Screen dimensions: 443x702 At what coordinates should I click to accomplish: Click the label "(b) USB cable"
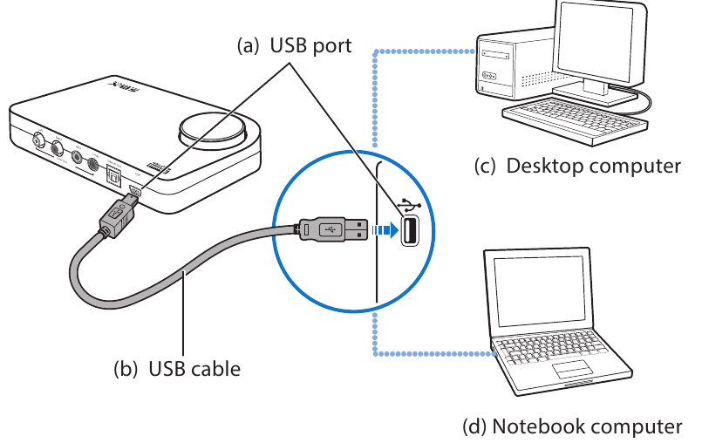tap(177, 369)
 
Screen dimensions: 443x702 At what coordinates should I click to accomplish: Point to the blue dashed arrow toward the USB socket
tap(383, 231)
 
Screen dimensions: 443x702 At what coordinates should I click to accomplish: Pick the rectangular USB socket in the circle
tap(409, 231)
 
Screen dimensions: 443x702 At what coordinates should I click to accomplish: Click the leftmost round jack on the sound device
tap(38, 140)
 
